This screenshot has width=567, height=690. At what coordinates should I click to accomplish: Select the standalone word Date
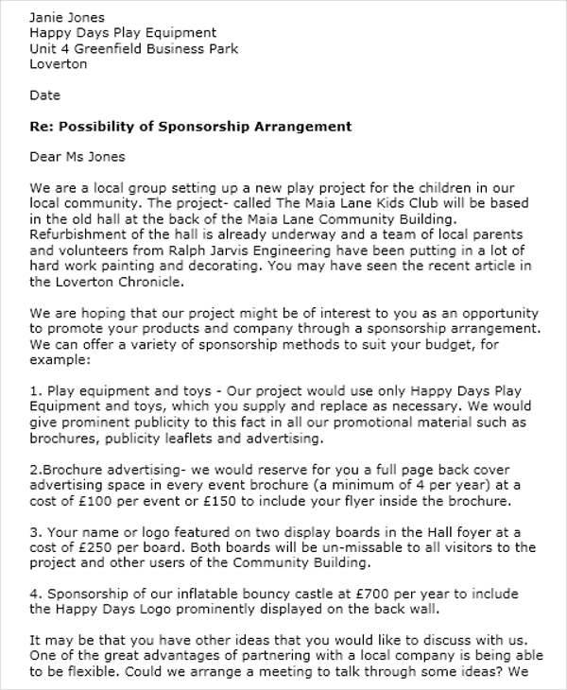(x=44, y=95)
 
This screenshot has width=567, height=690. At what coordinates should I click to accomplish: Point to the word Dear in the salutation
(x=47, y=157)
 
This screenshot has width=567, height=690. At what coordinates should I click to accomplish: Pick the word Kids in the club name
(x=354, y=203)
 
